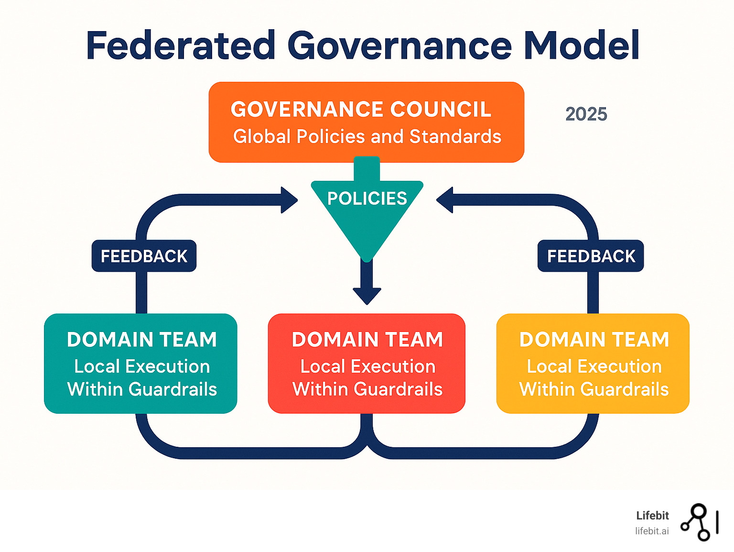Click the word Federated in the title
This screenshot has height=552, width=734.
tap(181, 46)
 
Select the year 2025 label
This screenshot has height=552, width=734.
tap(586, 114)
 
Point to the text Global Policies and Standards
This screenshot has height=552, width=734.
tap(367, 137)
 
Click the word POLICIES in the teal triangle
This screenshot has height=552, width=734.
tap(367, 199)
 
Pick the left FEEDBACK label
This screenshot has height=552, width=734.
tap(144, 256)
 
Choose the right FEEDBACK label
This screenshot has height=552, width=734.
tap(591, 256)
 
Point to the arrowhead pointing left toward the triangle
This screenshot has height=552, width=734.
tap(445, 200)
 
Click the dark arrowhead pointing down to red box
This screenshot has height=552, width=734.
tap(367, 295)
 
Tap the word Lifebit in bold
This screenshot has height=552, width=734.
tap(652, 516)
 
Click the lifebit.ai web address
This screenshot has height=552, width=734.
tap(652, 531)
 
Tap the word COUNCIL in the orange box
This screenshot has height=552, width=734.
tap(441, 110)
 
